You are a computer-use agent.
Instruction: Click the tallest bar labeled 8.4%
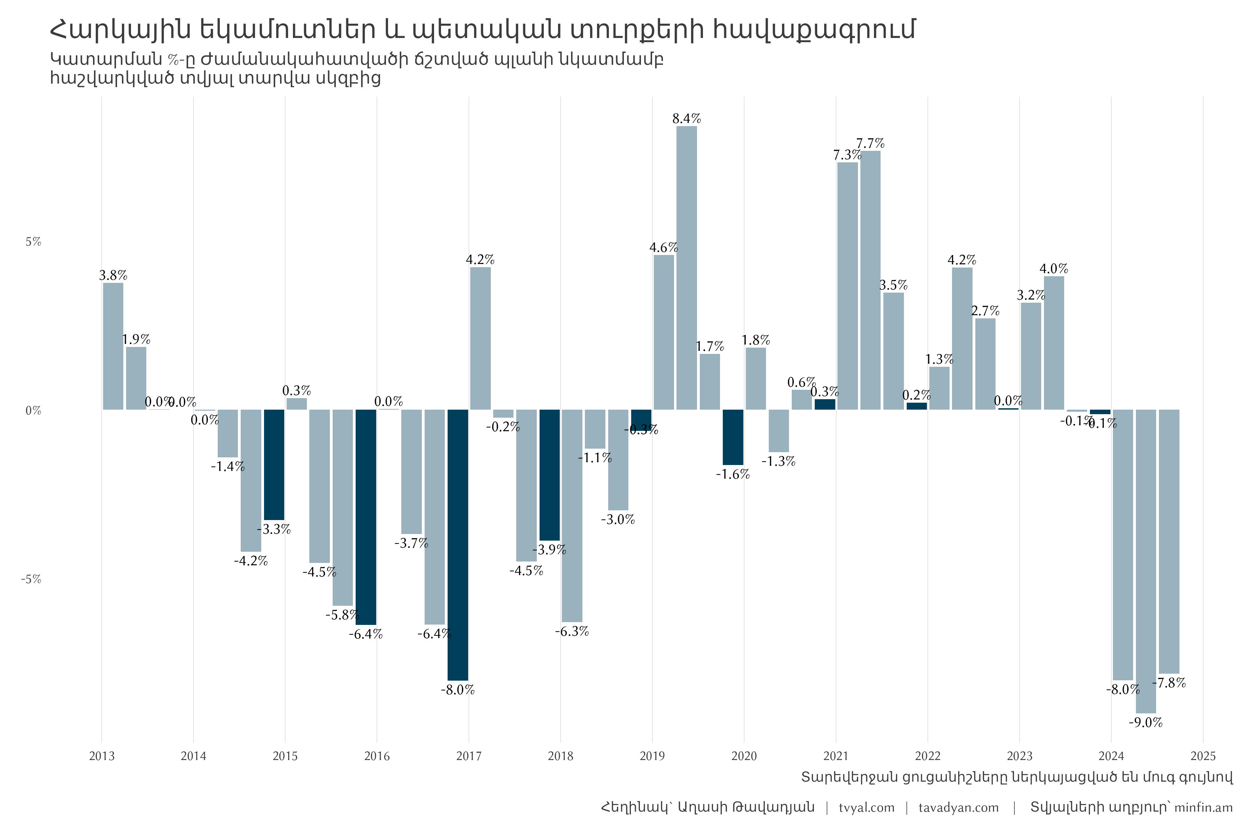[687, 268]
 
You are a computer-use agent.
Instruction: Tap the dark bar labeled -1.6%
[733, 437]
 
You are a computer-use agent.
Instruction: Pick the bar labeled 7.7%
[870, 280]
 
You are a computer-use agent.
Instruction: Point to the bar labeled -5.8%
[342, 508]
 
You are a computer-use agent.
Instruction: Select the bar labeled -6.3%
[572, 516]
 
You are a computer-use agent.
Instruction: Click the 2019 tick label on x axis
[652, 756]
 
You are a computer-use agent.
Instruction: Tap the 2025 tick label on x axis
[1203, 756]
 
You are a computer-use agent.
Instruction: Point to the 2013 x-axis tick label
[101, 756]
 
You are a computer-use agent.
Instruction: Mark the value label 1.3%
[939, 359]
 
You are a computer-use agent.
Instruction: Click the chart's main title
[482, 29]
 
